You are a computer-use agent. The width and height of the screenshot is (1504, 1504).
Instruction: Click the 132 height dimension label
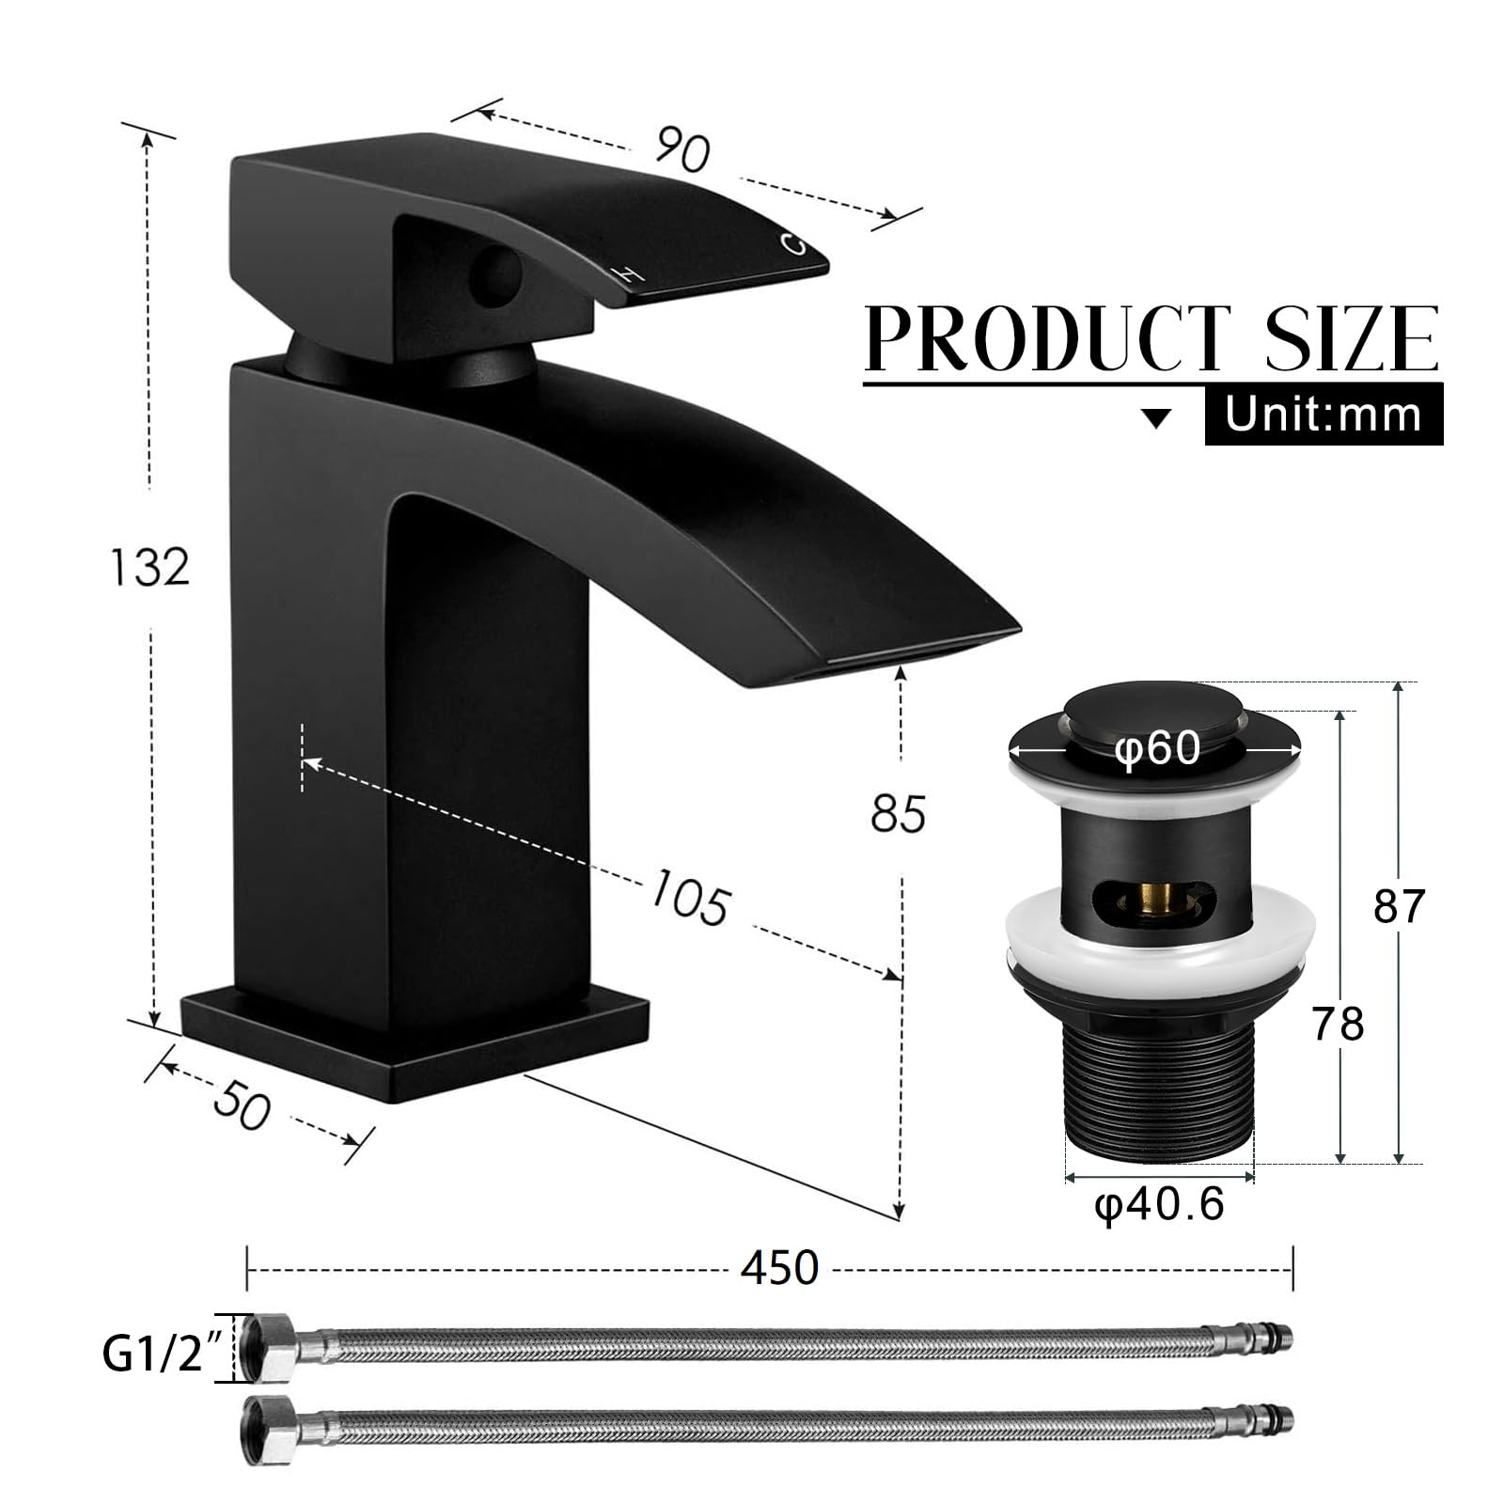coord(150,567)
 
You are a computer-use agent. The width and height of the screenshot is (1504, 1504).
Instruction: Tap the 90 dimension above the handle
coord(682,149)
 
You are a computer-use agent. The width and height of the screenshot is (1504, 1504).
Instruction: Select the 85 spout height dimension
coord(899,813)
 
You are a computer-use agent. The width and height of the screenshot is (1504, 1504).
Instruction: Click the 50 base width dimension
coord(242,1107)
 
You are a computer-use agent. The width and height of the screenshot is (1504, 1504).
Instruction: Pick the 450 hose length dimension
coord(780,1268)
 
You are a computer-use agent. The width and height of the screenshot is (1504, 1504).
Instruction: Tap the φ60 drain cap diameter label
coord(1158,749)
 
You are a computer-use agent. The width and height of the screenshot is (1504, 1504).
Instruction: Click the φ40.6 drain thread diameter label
coord(1159,1205)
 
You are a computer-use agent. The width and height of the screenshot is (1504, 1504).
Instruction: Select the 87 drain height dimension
coord(1400,906)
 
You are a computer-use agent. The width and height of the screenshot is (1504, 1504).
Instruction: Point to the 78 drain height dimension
coord(1339,1024)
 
